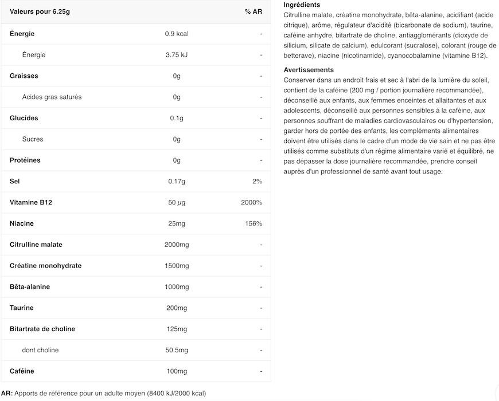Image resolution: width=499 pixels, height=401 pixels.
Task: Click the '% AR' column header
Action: pyautogui.click(x=253, y=12)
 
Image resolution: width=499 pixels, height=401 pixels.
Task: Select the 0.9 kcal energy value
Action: pyautogui.click(x=177, y=34)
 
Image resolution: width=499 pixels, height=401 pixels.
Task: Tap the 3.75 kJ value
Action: pyautogui.click(x=177, y=55)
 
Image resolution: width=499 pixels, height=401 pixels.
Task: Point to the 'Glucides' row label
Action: pyautogui.click(x=24, y=118)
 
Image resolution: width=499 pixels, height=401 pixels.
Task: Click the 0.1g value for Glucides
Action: pyautogui.click(x=177, y=118)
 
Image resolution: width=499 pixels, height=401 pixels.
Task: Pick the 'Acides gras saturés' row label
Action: pyautogui.click(x=52, y=97)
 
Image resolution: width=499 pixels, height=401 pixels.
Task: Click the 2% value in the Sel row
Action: pyautogui.click(x=257, y=182)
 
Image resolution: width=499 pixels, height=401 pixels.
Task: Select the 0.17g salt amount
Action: pyautogui.click(x=177, y=182)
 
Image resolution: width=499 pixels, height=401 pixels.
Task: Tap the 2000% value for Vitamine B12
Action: pyautogui.click(x=252, y=203)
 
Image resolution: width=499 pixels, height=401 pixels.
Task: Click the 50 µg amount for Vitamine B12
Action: pyautogui.click(x=177, y=203)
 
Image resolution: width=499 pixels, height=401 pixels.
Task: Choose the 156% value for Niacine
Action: pyautogui.click(x=254, y=223)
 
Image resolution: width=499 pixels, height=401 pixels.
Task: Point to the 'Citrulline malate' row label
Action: pyautogui.click(x=36, y=245)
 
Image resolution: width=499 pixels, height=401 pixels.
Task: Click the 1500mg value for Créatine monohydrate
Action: pyautogui.click(x=177, y=266)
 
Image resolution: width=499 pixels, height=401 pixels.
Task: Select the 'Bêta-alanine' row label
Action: pyautogui.click(x=30, y=287)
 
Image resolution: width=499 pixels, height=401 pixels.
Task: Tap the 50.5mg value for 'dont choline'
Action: pyautogui.click(x=177, y=350)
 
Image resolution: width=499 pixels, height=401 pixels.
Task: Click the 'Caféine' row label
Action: pyautogui.click(x=22, y=371)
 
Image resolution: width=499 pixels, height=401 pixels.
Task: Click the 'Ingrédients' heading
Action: pyautogui.click(x=302, y=5)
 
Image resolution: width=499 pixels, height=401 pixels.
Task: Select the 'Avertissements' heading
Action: pyautogui.click(x=309, y=70)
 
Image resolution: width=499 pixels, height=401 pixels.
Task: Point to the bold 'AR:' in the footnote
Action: pyautogui.click(x=7, y=393)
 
